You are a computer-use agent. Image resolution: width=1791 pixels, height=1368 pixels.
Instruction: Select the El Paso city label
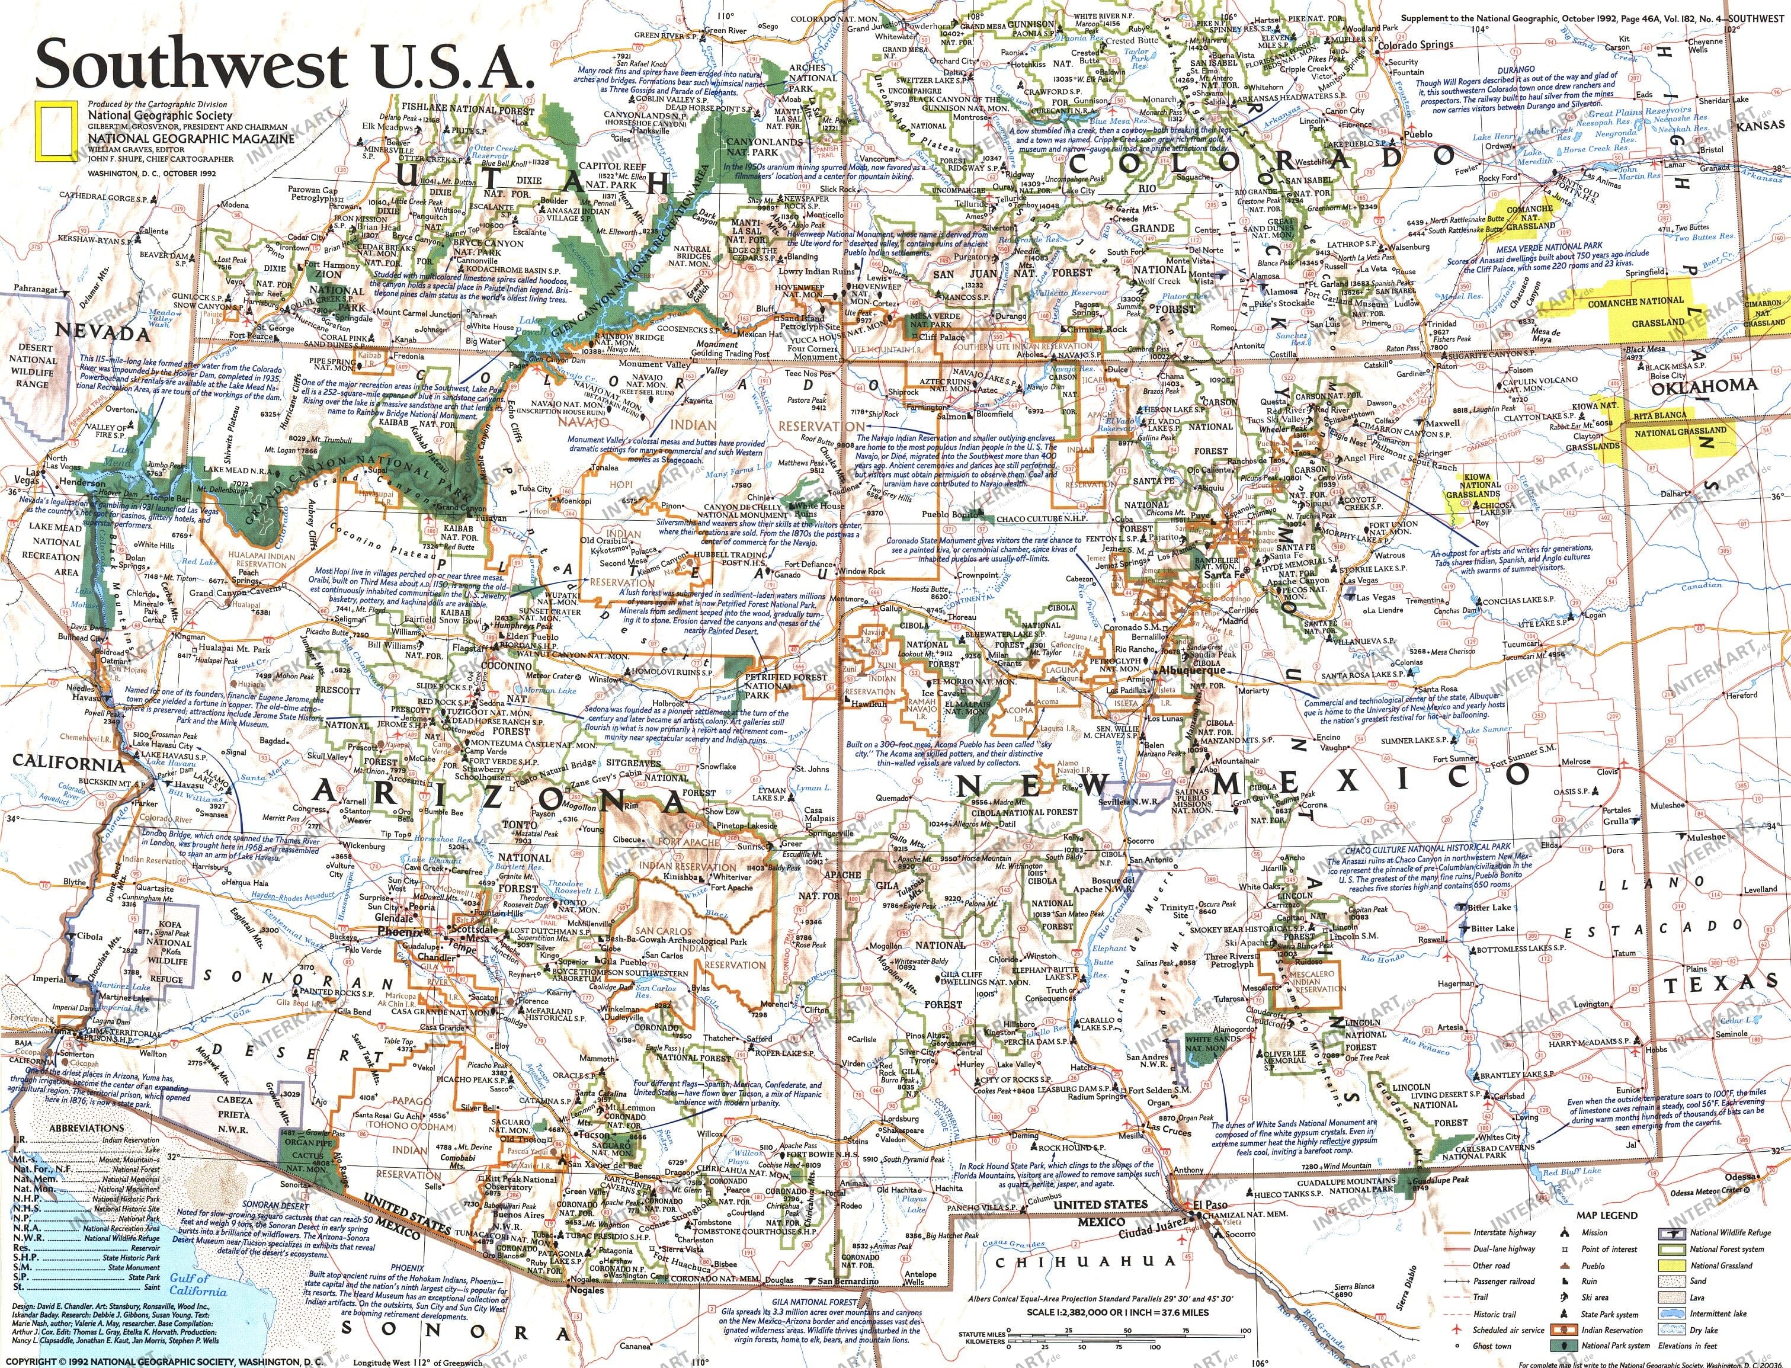(1210, 1205)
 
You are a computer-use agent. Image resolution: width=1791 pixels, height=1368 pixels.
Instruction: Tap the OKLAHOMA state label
(1691, 386)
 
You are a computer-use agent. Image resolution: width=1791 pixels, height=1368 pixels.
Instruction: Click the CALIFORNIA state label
(68, 764)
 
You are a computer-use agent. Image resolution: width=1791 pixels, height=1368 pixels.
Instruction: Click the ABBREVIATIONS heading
(87, 1128)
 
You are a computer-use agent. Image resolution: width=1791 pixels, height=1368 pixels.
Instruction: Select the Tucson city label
(595, 1135)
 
